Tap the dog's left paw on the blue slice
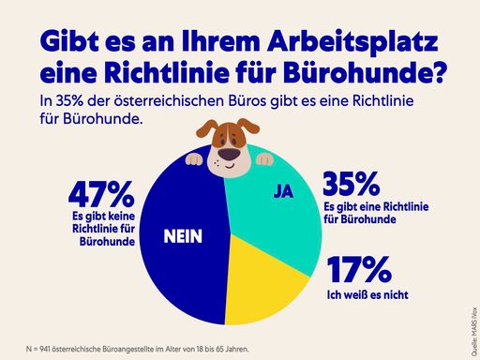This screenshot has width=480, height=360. click(x=194, y=157)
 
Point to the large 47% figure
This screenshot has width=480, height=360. click(x=100, y=195)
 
